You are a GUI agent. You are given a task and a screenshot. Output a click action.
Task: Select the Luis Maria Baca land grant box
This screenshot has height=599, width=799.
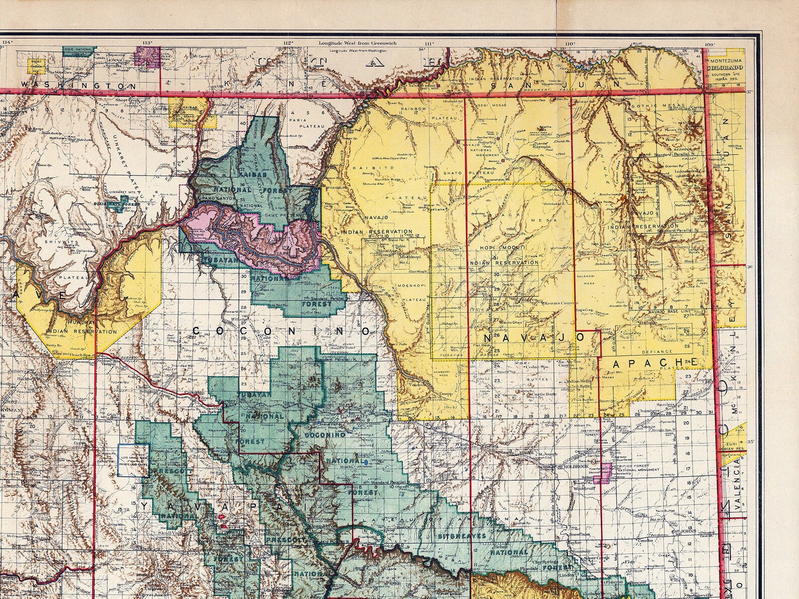coord(133,460)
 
